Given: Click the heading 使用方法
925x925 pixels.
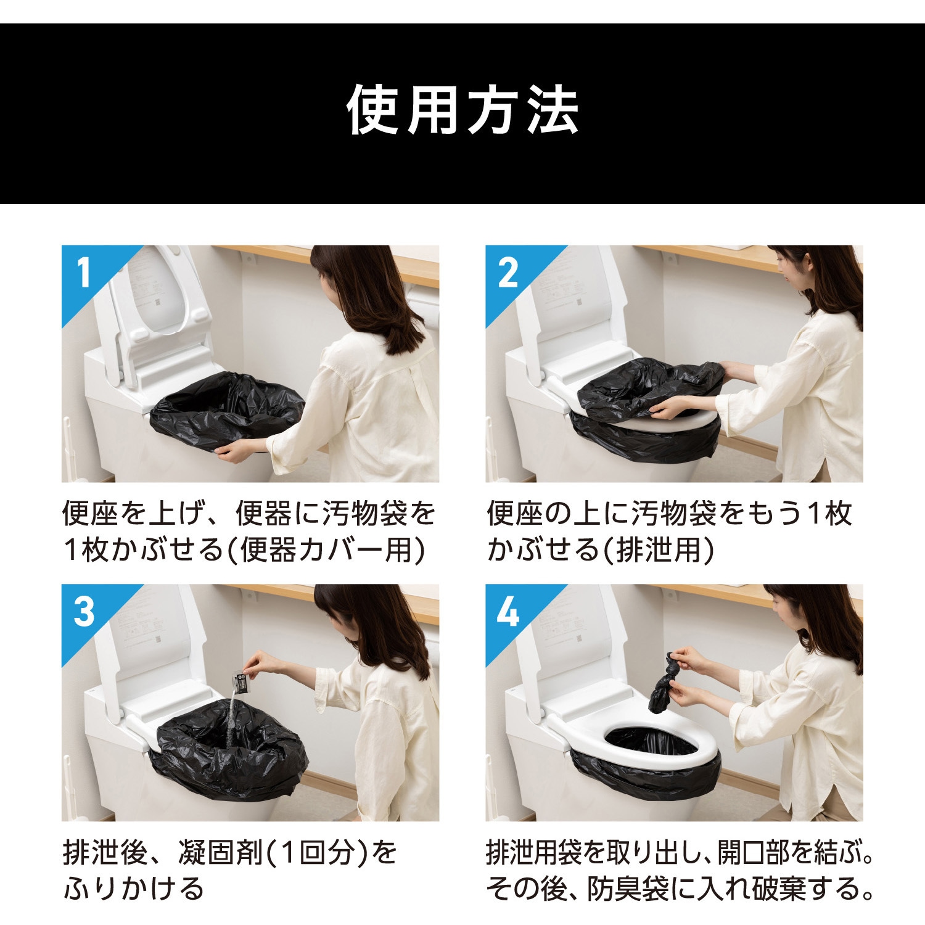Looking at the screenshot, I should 462,112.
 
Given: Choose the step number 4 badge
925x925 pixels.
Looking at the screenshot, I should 508,612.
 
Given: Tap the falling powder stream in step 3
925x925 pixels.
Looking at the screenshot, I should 231,721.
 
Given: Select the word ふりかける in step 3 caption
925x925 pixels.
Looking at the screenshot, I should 134,889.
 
